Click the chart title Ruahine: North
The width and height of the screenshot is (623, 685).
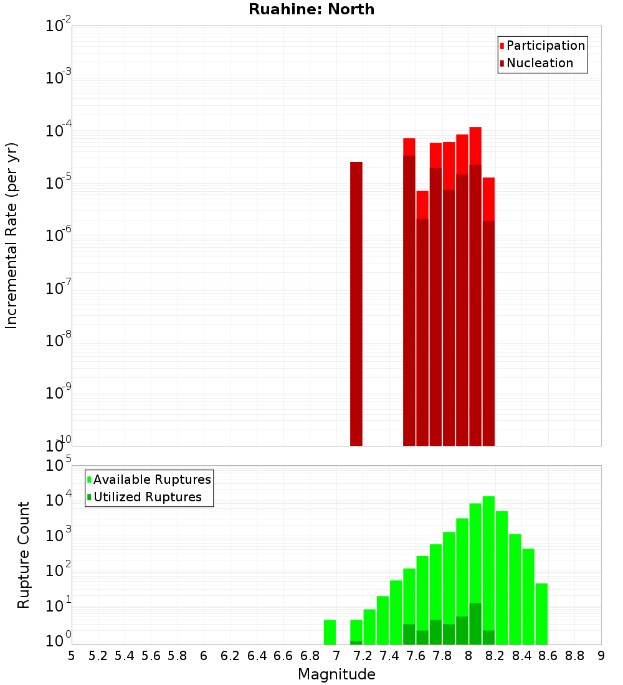pos(311,9)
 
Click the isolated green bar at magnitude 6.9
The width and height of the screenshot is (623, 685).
pos(330,632)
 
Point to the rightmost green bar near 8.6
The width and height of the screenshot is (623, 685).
pos(541,613)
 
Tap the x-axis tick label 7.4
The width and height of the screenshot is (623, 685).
pos(389,656)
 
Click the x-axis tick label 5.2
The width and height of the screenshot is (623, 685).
pos(98,656)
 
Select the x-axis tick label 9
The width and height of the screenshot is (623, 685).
pos(601,656)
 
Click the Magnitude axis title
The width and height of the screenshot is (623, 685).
pos(336,674)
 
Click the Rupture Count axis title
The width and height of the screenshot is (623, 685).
pos(24,555)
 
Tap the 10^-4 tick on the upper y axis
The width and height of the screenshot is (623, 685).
pos(59,131)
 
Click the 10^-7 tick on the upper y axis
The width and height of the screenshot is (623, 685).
pos(59,288)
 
